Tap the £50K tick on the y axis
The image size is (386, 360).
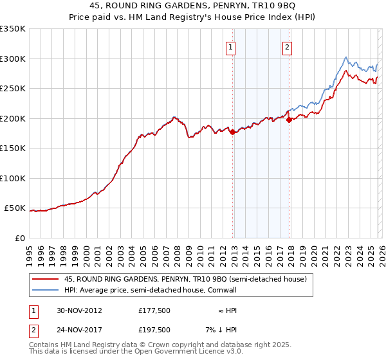tap(15, 208)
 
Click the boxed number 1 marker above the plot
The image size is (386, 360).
tap(230, 46)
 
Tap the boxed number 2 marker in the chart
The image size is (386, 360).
tap(286, 46)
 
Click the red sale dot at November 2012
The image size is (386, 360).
tap(233, 131)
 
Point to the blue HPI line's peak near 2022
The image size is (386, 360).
tap(346, 57)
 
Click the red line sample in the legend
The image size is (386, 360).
tap(46, 280)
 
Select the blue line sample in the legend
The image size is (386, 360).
tap(46, 290)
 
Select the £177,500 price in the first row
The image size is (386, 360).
tap(154, 310)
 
